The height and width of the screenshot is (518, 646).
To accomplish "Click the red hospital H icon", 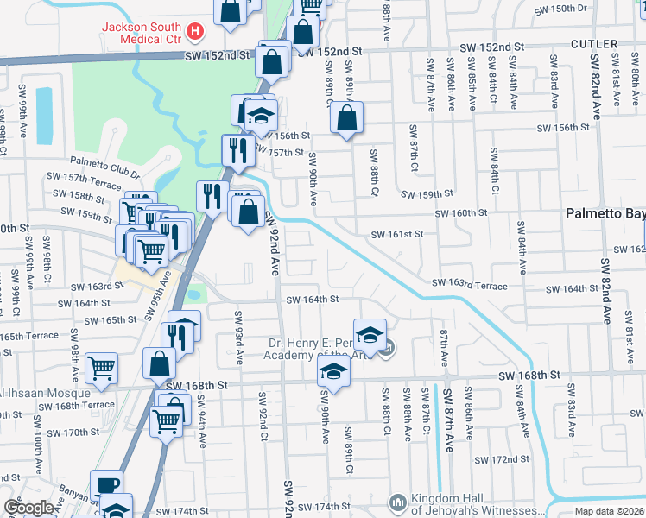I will point(196,33).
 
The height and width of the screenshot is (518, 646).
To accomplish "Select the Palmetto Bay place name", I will point(605,212).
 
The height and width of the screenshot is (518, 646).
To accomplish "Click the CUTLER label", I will point(593,44).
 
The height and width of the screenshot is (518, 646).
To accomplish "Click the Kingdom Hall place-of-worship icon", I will point(397,502).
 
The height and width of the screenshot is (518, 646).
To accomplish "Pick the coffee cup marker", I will point(106,483).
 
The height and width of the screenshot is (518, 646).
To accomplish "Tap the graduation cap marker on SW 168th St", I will point(332,371).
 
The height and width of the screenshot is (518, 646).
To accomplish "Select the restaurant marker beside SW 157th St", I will point(236,150).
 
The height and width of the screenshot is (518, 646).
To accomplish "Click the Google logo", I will point(28,508).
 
